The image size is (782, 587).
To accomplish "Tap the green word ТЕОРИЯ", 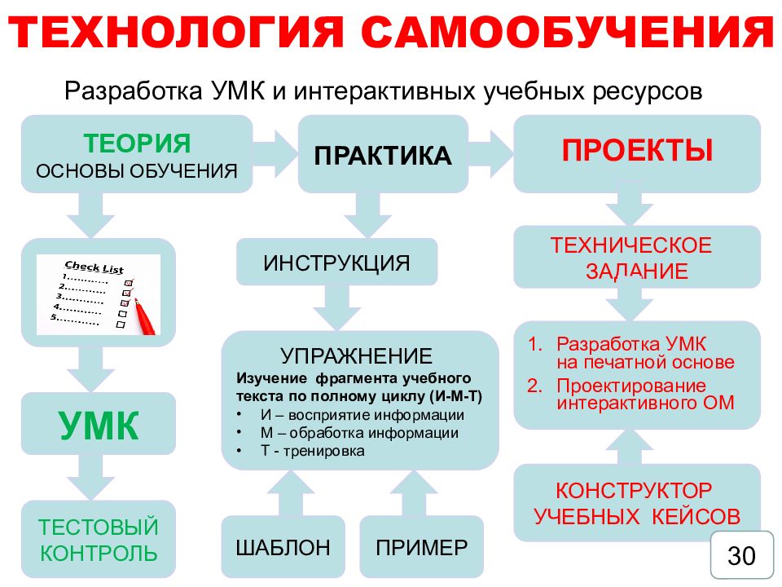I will pyautogui.click(x=137, y=143).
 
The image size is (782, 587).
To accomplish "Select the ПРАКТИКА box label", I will pyautogui.click(x=382, y=156).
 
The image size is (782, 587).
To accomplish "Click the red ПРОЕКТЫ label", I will pyautogui.click(x=638, y=151).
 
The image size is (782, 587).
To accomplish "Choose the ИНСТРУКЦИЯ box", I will pyautogui.click(x=336, y=263).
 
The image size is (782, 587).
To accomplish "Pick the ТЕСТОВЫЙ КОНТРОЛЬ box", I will pyautogui.click(x=99, y=541).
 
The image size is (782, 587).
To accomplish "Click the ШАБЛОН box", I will pyautogui.click(x=283, y=547).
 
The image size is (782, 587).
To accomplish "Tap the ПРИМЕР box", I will pyautogui.click(x=422, y=547).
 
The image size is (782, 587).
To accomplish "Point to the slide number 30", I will pyautogui.click(x=741, y=556).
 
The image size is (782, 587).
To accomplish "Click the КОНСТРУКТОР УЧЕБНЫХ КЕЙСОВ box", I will pyautogui.click(x=637, y=503).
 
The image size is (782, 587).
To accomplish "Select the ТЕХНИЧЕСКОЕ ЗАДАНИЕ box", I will pyautogui.click(x=637, y=258).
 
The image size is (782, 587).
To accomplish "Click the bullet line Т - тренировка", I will pyautogui.click(x=313, y=450).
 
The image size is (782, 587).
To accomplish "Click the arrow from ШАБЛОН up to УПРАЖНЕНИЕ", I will pyautogui.click(x=283, y=492).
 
